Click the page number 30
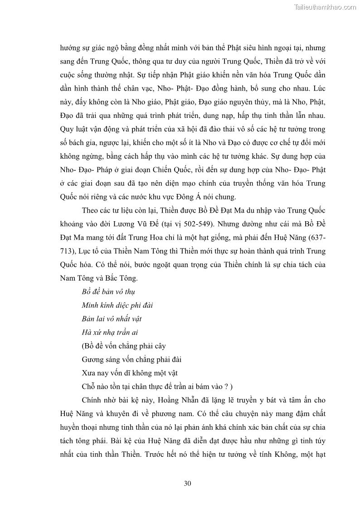coord(187,483)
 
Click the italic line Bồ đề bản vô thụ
coord(108,291)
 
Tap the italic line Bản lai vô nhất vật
coord(112,319)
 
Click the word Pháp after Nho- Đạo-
coord(104,170)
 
